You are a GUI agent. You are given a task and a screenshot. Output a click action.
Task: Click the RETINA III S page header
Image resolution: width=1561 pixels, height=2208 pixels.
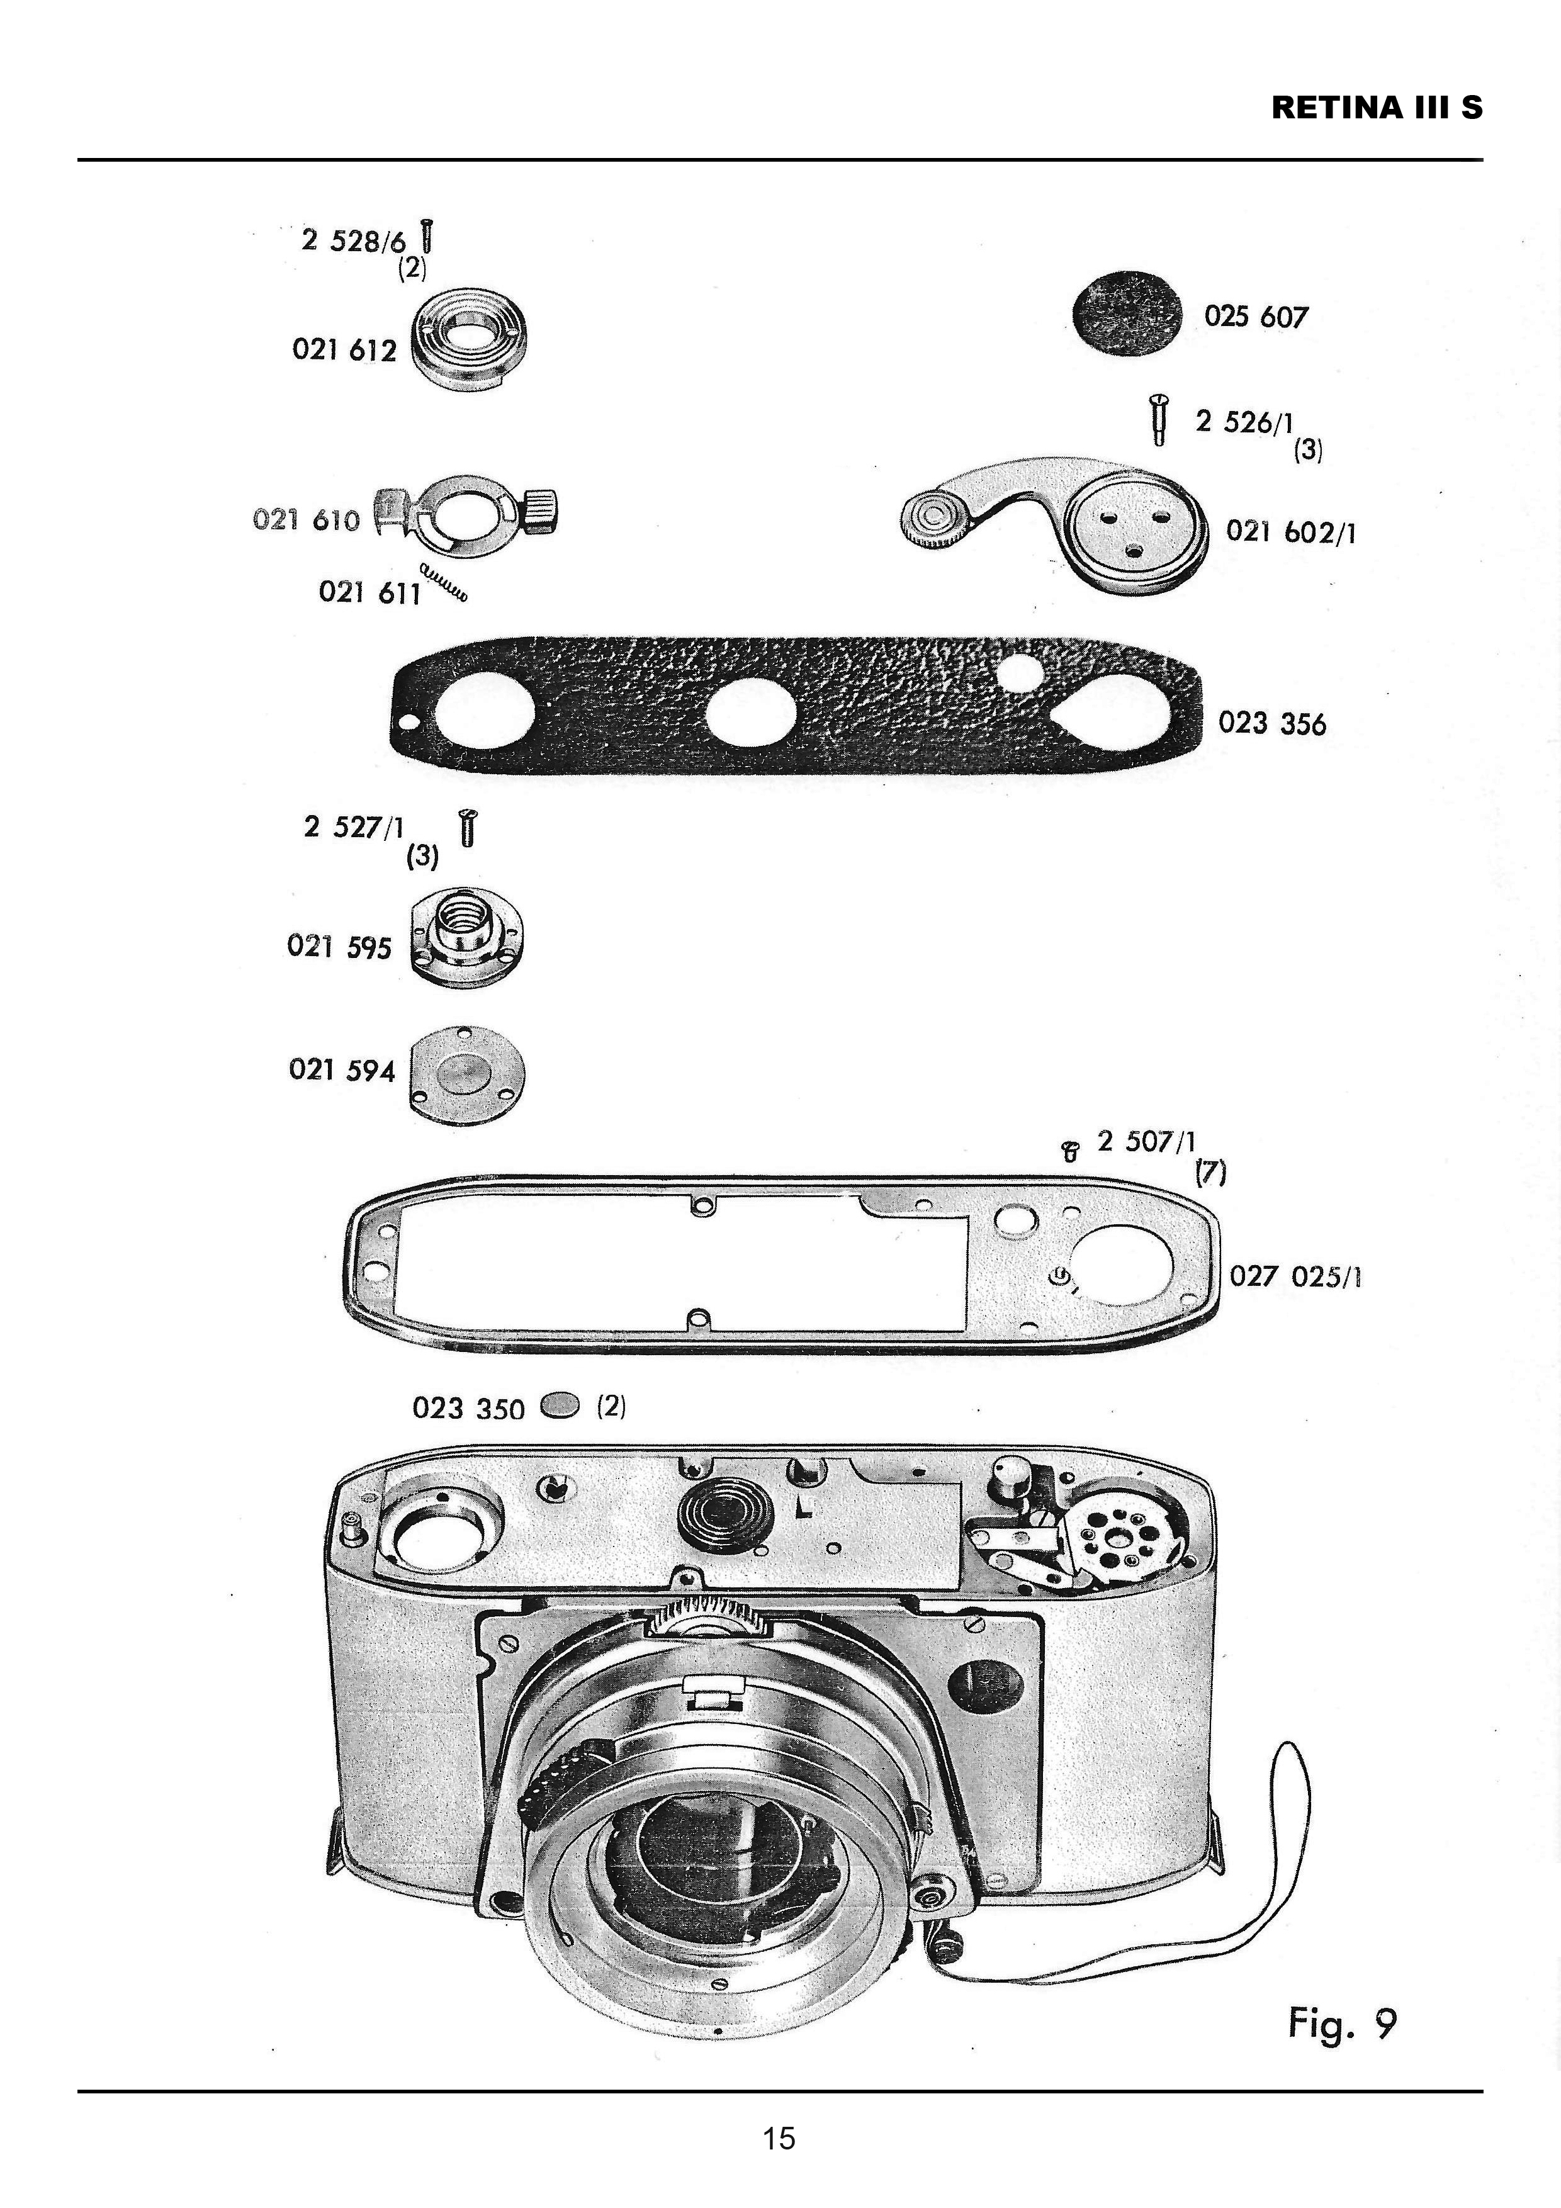[x=1377, y=108]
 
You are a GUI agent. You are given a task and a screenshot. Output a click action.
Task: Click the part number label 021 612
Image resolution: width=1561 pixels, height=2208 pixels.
[x=344, y=350]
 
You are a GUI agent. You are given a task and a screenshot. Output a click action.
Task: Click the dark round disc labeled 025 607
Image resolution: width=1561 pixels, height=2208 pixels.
[x=1127, y=315]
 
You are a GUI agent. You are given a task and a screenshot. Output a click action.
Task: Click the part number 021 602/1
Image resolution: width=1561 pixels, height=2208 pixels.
[x=1291, y=532]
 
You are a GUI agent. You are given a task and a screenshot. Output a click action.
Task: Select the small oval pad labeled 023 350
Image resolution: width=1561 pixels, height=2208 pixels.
[x=561, y=1407]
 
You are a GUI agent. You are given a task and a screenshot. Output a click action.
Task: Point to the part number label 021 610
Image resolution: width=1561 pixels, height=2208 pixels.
[x=306, y=521]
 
